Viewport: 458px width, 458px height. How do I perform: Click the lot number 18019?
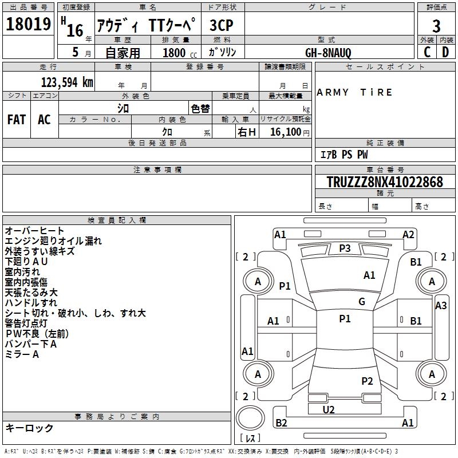click(28, 24)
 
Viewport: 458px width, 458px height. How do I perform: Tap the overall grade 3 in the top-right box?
click(436, 26)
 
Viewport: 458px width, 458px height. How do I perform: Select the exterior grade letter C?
click(427, 52)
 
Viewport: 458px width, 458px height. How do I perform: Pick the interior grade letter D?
click(445, 52)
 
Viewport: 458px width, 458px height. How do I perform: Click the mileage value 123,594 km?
click(67, 82)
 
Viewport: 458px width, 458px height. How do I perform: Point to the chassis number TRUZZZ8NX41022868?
click(385, 182)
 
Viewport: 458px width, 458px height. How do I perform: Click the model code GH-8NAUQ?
click(328, 53)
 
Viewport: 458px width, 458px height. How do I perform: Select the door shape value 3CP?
click(222, 25)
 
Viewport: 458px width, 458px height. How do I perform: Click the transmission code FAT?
click(17, 120)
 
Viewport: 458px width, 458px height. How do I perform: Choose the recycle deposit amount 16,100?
click(286, 132)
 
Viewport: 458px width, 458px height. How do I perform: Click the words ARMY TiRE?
click(354, 92)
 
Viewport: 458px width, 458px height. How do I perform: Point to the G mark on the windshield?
click(362, 302)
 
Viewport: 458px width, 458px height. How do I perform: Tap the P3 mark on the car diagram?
click(345, 248)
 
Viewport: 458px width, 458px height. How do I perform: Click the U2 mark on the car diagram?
click(329, 409)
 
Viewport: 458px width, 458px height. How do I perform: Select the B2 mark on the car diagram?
click(281, 423)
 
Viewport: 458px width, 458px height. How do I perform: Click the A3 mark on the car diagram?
click(441, 306)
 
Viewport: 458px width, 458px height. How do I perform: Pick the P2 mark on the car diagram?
click(367, 381)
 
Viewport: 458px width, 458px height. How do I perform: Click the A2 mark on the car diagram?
click(408, 235)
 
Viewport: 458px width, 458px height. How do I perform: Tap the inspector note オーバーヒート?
click(34, 231)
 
